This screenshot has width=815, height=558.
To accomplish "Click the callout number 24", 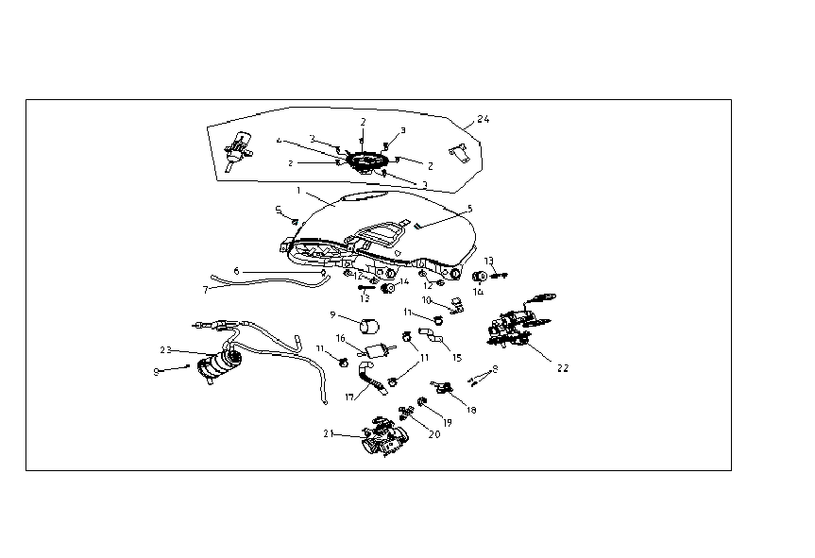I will click(484, 120).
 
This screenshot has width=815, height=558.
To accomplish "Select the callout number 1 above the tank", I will click(298, 191).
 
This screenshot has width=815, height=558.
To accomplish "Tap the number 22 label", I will click(562, 367).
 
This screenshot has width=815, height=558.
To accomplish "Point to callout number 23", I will click(165, 350).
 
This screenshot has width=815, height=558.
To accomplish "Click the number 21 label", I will click(329, 434).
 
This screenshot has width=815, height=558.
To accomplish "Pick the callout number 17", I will click(349, 397).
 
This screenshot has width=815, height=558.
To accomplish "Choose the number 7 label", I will click(205, 289).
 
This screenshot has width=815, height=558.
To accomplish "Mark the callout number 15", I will click(457, 359).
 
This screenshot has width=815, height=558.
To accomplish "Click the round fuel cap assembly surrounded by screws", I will click(363, 161).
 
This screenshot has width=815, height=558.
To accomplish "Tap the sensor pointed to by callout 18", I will click(443, 385).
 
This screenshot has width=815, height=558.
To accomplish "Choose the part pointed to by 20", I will click(409, 412).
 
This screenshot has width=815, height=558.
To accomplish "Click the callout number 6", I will click(237, 271).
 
